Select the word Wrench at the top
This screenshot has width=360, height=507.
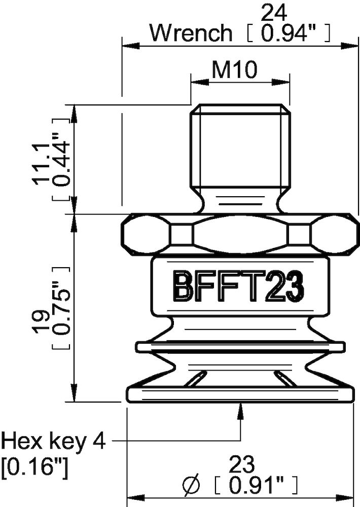click(191, 33)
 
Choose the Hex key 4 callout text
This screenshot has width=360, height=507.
click(54, 441)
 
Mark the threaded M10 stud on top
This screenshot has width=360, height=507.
click(240, 147)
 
